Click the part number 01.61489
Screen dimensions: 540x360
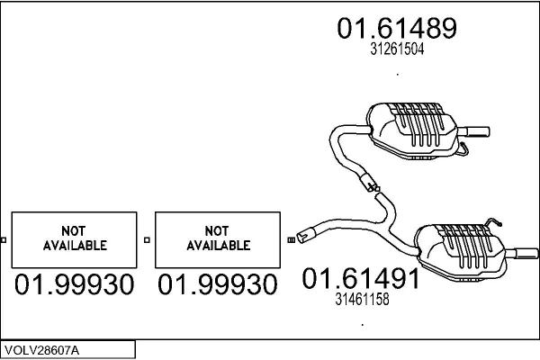(x=397, y=28)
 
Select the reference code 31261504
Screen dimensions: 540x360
(x=397, y=49)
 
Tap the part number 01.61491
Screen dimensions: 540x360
(x=361, y=278)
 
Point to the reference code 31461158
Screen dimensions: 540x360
(x=362, y=299)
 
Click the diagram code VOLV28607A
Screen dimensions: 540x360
(x=41, y=350)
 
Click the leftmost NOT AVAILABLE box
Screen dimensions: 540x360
(x=75, y=239)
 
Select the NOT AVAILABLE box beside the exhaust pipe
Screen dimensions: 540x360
(x=218, y=239)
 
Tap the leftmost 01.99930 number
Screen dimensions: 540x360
(x=74, y=284)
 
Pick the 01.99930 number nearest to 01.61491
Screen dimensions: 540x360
(x=217, y=284)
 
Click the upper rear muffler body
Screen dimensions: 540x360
(x=413, y=130)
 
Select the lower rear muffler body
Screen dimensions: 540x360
(x=462, y=252)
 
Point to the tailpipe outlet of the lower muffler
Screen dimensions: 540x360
(x=526, y=254)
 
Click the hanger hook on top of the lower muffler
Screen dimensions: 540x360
(x=492, y=221)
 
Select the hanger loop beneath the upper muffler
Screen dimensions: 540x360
(x=463, y=148)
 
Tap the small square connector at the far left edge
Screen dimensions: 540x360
(x=4, y=240)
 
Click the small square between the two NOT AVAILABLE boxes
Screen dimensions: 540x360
(x=147, y=240)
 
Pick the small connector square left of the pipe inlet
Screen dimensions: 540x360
(x=291, y=240)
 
